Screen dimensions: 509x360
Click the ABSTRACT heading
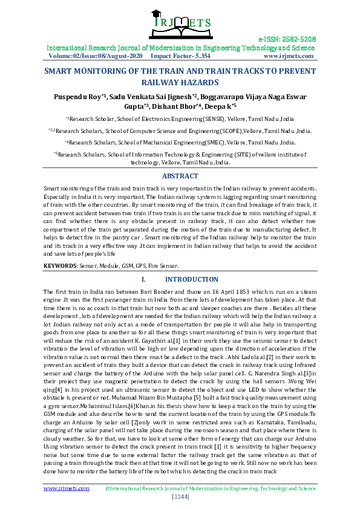180,176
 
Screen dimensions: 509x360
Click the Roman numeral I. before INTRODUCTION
144,280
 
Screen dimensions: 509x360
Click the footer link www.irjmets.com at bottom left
66,488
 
